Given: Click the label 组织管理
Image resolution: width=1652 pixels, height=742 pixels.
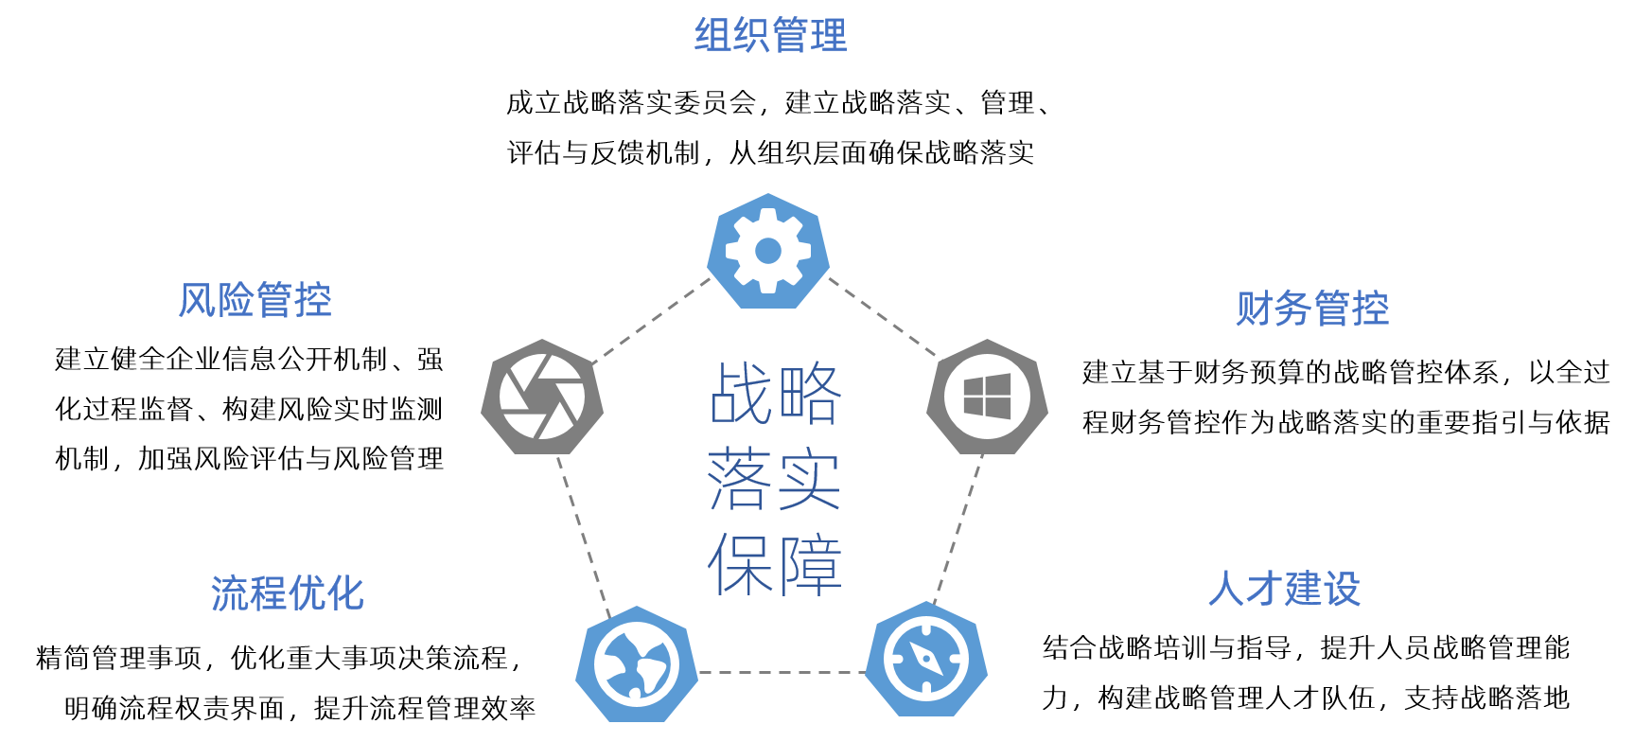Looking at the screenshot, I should (x=770, y=36).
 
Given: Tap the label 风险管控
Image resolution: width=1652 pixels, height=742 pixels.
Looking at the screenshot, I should (x=255, y=301).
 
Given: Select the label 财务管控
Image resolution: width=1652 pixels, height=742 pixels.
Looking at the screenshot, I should (x=1312, y=309).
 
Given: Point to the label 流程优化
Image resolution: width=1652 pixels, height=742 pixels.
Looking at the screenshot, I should (x=287, y=593).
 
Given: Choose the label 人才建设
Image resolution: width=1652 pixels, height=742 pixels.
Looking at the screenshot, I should (x=1284, y=589).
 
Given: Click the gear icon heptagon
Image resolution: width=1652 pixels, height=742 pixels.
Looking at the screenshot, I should (x=768, y=251).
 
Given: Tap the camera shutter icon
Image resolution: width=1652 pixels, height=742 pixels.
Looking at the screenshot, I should (x=542, y=397).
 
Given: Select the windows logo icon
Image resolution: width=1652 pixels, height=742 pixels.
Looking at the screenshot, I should (x=987, y=397).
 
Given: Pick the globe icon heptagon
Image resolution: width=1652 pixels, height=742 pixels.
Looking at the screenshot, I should (x=637, y=663).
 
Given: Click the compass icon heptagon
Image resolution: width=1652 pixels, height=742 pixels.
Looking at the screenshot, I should (x=926, y=660).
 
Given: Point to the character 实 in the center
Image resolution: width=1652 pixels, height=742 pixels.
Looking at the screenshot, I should (x=809, y=479).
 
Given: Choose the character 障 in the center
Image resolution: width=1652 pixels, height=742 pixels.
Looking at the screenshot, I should (x=809, y=564).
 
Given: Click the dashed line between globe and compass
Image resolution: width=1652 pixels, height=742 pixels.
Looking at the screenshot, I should (x=782, y=672).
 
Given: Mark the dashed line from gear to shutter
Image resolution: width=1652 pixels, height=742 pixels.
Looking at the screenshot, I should (x=651, y=320).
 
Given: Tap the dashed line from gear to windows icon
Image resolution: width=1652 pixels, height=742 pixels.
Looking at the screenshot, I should (x=882, y=316).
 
